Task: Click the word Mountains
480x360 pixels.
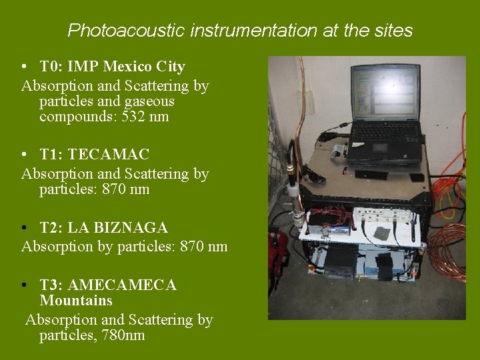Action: (x=76, y=301)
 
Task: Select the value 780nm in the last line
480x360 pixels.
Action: (x=123, y=335)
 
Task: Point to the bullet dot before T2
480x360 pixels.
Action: (x=24, y=229)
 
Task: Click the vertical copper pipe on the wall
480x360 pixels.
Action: (x=301, y=100)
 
